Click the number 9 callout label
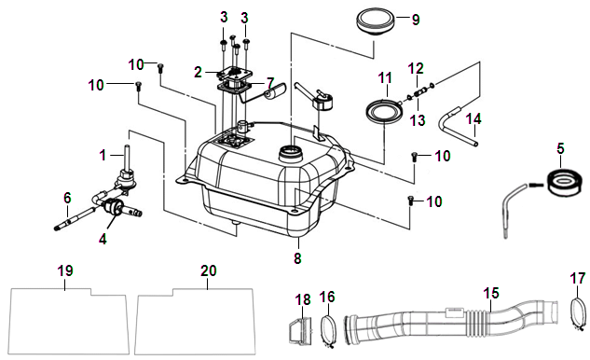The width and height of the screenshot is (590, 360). pos(416,20)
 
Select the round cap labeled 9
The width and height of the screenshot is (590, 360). pos(375,22)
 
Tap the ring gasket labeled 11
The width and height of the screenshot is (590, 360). pos(385,111)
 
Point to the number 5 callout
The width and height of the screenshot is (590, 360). pos(561,148)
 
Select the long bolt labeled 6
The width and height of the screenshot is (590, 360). pos(75,217)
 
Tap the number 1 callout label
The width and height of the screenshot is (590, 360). pos(103,155)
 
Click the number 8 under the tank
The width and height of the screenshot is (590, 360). pos(297,258)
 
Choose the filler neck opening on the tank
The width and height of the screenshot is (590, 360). pos(289,153)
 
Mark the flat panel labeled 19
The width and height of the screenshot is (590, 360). pos(69,321)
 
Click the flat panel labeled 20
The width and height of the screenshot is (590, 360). pos(195,321)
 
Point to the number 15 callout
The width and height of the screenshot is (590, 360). pos(491,294)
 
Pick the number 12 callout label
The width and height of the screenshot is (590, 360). pos(416,68)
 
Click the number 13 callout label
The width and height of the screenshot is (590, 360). pos(417,120)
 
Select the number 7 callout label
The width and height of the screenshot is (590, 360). pos(271,82)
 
